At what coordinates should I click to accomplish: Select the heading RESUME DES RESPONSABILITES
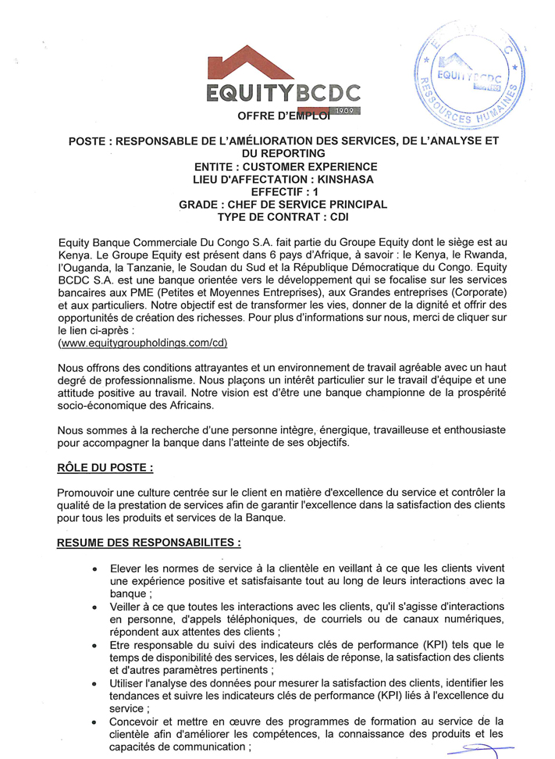tap(149, 541)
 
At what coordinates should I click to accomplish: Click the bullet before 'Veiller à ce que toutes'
tap(94, 607)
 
